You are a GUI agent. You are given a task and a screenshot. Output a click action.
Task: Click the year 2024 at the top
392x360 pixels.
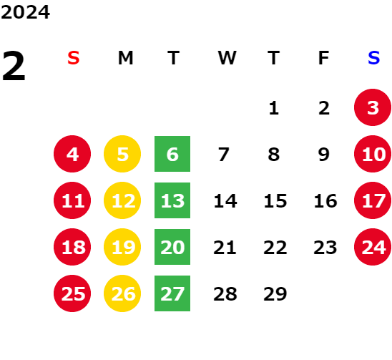point(25,12)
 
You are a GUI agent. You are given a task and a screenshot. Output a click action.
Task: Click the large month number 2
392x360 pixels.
point(14,66)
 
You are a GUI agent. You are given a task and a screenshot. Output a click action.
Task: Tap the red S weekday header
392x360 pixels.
point(74,58)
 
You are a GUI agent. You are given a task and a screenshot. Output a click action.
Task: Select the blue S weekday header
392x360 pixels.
point(374,58)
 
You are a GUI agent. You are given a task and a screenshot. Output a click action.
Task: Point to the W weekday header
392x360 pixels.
point(227,58)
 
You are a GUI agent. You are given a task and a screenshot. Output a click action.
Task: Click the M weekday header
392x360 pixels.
point(125,58)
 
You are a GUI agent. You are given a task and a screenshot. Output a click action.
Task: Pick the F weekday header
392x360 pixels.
point(324,58)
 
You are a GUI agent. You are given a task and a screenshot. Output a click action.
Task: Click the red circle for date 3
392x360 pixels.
point(373,107)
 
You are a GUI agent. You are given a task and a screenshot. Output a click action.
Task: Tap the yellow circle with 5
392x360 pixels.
point(122,154)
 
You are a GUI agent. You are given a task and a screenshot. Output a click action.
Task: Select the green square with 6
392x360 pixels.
point(172,154)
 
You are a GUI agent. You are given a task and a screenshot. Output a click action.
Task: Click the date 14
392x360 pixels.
point(225,201)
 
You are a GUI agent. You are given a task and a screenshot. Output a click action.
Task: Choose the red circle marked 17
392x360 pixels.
point(373,200)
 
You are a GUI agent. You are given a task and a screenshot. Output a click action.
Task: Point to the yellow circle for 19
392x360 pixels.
point(122,247)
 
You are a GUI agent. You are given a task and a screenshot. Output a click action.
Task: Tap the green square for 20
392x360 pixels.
point(172,247)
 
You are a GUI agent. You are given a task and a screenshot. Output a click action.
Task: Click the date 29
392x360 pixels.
point(275,294)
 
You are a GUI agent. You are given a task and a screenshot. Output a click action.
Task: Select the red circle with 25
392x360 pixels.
point(72,293)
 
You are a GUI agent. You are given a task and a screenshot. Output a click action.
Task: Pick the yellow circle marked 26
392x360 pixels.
point(122,293)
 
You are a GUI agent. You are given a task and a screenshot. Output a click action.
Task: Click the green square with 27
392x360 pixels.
point(172,293)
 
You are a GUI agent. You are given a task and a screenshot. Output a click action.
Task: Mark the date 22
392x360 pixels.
point(275,248)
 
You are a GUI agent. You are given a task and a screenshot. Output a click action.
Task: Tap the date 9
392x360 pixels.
point(324,155)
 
